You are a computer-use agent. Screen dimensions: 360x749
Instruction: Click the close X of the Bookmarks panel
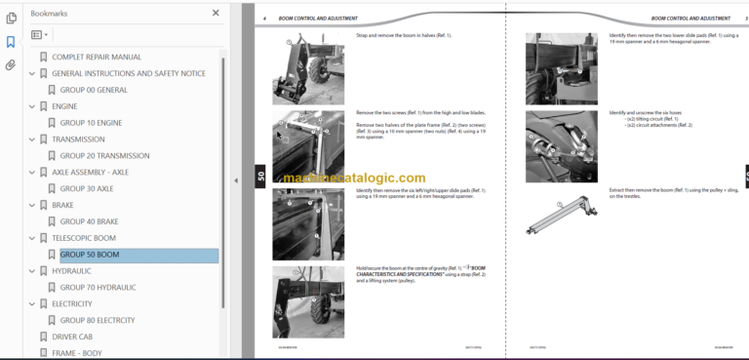[216, 14]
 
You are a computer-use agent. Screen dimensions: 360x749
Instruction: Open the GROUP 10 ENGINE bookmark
[91, 123]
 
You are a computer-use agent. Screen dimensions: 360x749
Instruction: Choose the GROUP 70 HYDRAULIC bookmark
[98, 287]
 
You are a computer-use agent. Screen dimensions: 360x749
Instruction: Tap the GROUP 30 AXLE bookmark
[86, 188]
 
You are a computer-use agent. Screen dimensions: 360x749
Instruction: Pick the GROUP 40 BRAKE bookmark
[89, 221]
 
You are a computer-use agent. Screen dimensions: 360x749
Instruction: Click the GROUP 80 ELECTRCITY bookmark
[98, 320]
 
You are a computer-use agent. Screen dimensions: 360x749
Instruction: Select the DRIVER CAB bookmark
[78, 337]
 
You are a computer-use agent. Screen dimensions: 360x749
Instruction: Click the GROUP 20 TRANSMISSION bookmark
[104, 156]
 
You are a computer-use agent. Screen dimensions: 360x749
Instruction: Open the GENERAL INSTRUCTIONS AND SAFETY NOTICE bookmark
[128, 74]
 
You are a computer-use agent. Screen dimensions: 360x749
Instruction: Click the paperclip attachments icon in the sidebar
[11, 65]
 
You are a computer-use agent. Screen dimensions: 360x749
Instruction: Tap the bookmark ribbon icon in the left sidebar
[11, 42]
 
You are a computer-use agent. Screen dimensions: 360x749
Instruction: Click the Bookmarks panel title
[50, 14]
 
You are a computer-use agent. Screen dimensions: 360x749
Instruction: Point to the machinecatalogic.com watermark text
[355, 179]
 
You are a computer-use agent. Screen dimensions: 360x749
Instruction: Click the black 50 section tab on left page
[260, 177]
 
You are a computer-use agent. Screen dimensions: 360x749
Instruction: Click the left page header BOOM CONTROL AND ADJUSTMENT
[317, 19]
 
